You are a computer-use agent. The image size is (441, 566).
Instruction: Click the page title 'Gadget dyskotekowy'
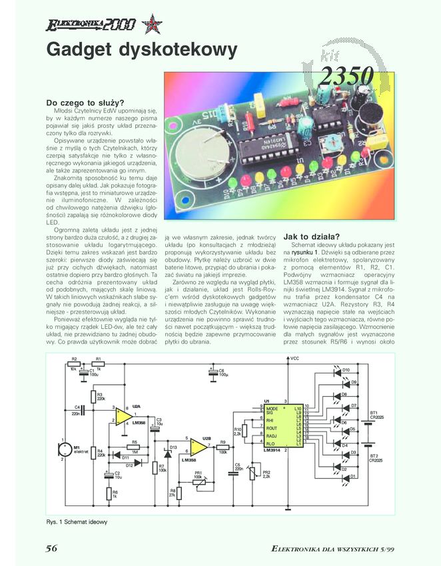pos(141,51)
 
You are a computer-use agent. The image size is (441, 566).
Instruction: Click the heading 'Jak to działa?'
pos(311,236)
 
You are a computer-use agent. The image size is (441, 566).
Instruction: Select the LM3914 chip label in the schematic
pos(272,452)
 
